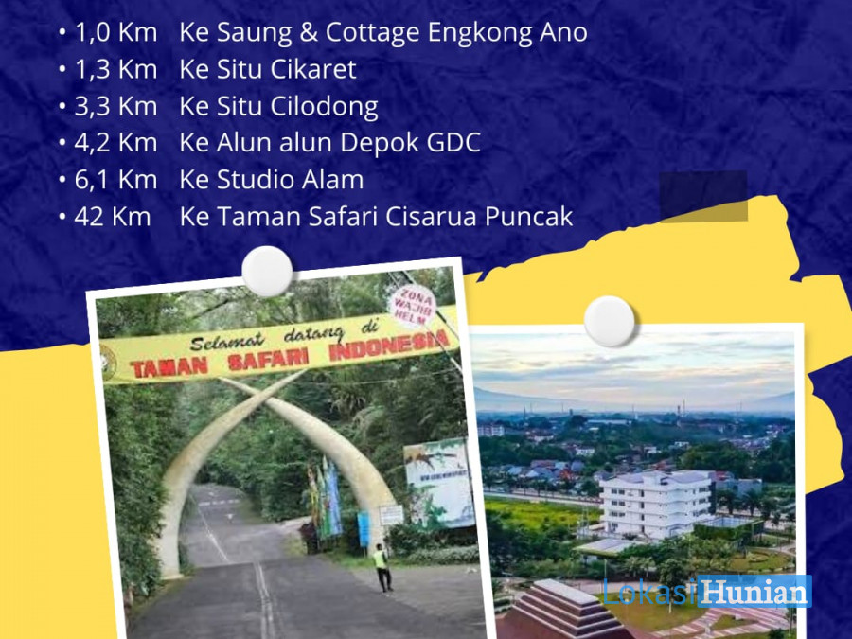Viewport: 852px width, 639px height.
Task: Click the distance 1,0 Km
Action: (x=115, y=32)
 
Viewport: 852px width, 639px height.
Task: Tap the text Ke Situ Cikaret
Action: (x=268, y=69)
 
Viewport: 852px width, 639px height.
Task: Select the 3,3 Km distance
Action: (x=115, y=106)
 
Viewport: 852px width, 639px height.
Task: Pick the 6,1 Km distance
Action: (x=115, y=180)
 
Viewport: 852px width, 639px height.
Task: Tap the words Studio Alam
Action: (x=291, y=180)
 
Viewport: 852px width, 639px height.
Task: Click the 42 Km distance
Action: (x=113, y=217)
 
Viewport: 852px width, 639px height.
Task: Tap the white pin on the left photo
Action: (x=267, y=271)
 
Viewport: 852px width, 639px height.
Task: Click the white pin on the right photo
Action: (x=609, y=321)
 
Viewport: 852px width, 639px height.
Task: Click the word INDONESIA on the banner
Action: (x=389, y=346)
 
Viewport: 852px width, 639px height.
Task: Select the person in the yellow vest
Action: (x=382, y=567)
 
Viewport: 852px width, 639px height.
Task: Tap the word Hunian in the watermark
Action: (x=754, y=591)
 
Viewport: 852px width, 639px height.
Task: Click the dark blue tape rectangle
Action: (x=703, y=197)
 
